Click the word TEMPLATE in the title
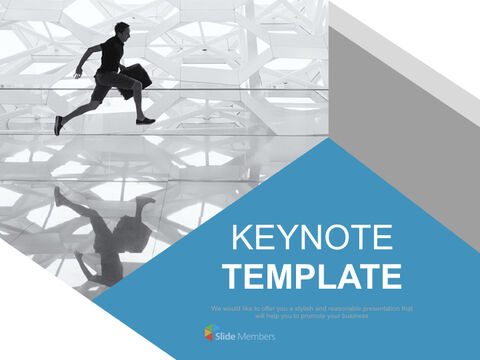(312, 275)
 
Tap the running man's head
(121, 30)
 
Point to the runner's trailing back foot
(59, 125)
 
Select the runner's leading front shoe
(146, 120)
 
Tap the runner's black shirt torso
(111, 56)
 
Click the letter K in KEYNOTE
(240, 238)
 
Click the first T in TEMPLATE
(232, 275)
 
